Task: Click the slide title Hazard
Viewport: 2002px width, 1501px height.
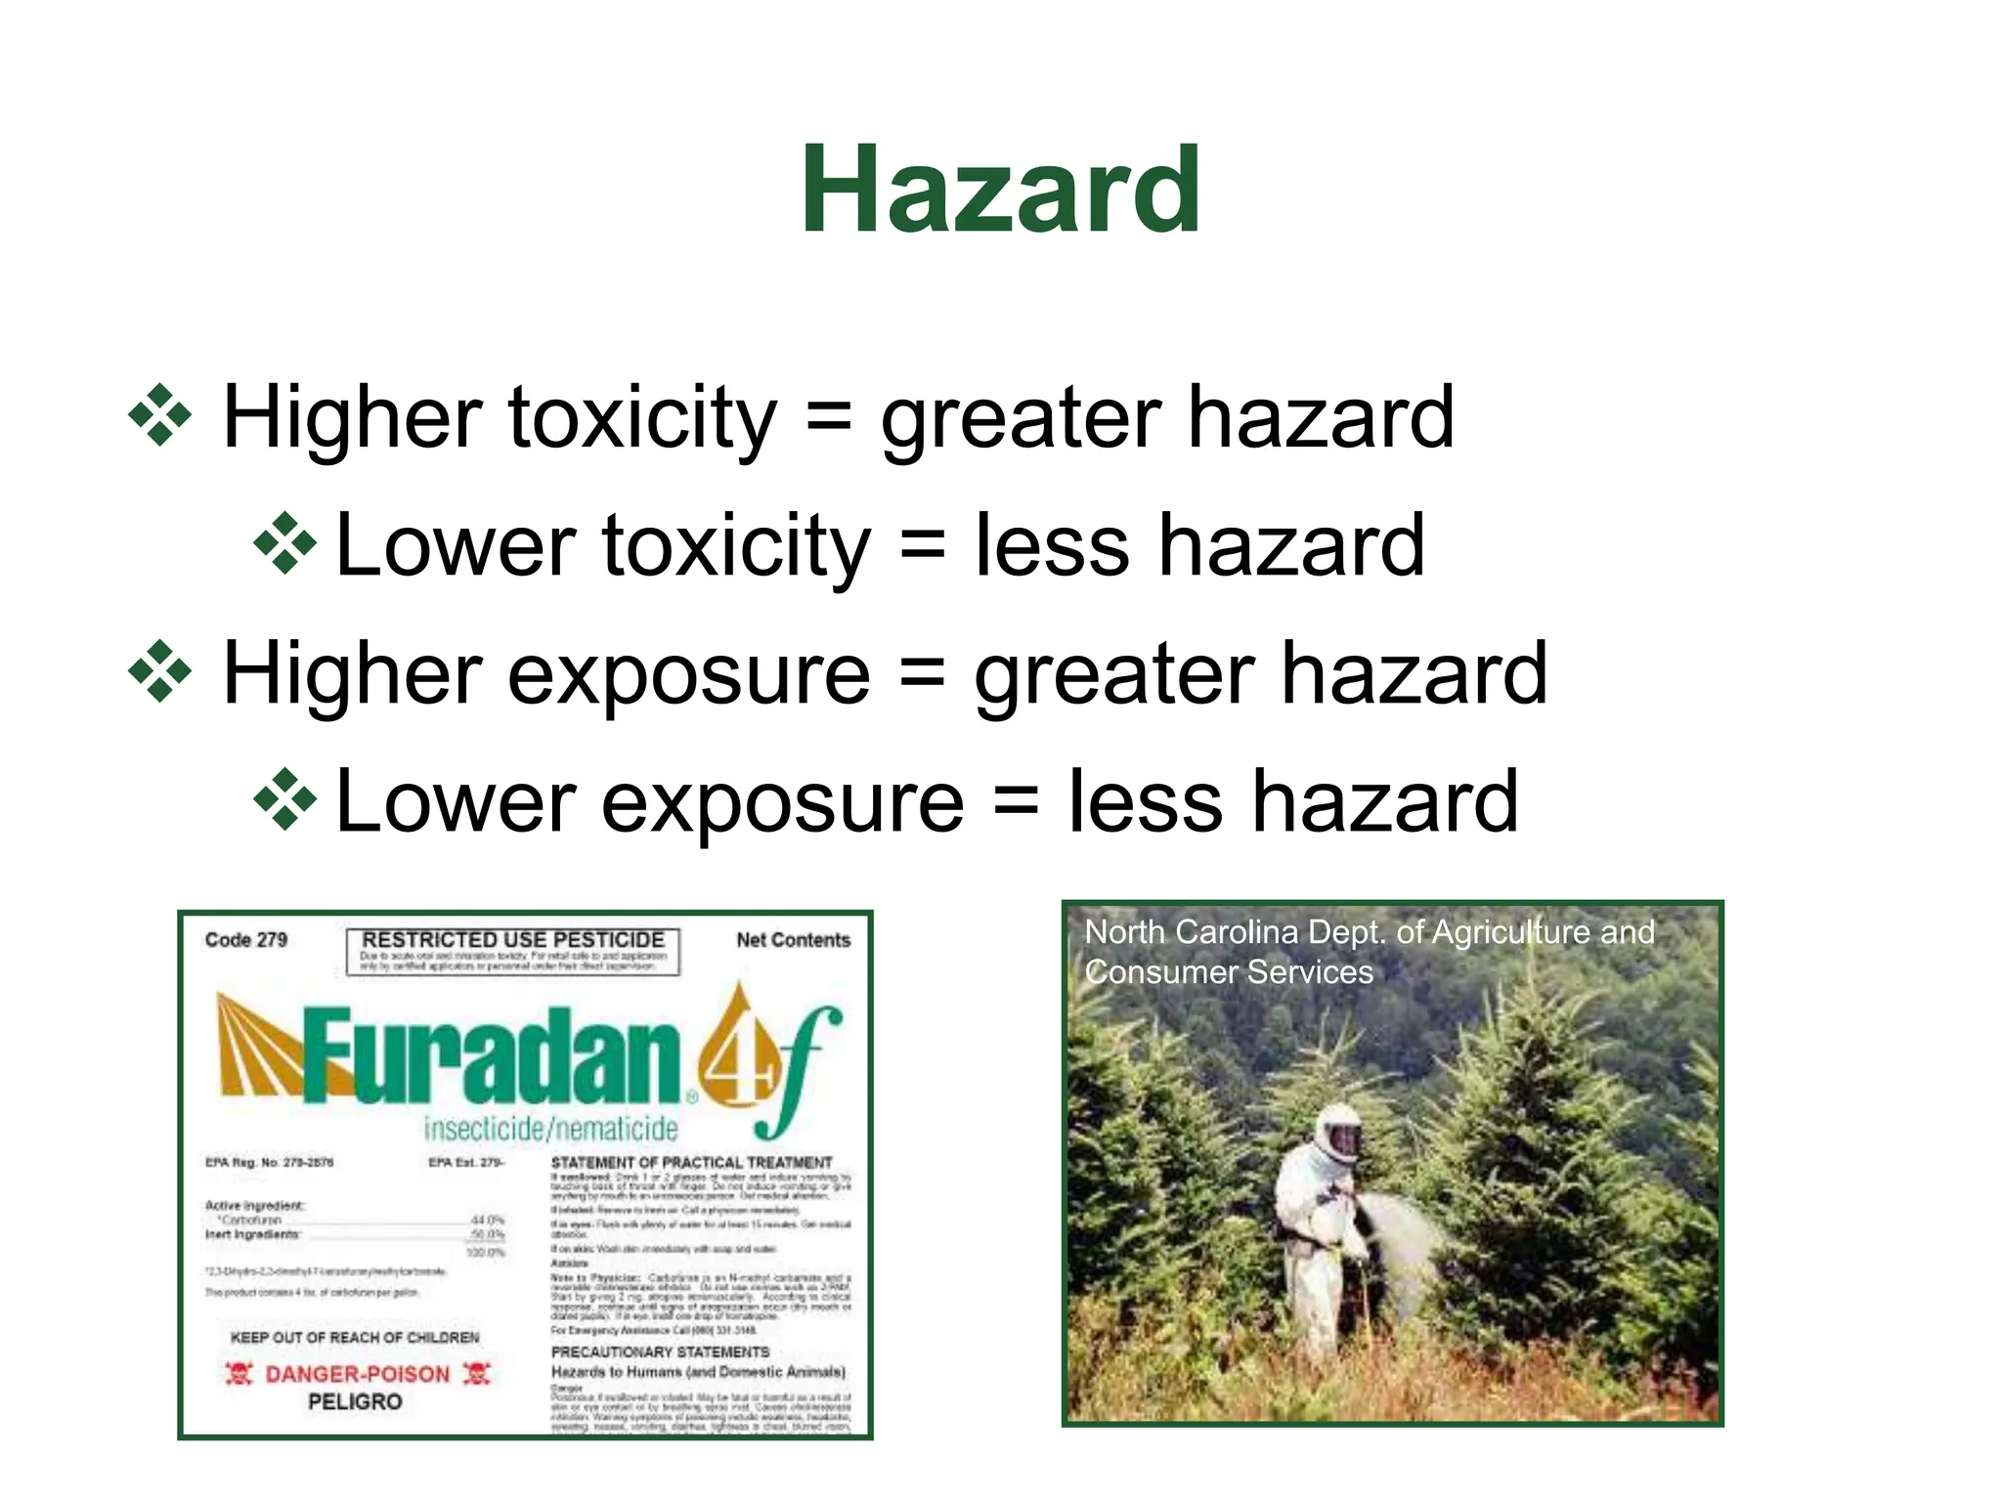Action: (x=1001, y=190)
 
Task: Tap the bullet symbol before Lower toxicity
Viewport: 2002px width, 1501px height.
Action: (x=284, y=543)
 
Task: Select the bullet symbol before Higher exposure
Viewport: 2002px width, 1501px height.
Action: (x=159, y=672)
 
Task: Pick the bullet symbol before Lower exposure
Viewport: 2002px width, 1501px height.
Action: (x=284, y=800)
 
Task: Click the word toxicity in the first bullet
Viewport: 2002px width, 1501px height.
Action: (x=642, y=417)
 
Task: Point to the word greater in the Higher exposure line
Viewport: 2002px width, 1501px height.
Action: (x=1113, y=674)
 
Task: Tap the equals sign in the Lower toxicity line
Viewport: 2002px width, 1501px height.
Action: (x=922, y=545)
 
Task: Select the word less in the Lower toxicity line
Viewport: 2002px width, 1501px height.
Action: (x=1052, y=545)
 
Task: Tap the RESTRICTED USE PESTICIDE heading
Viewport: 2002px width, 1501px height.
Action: (x=513, y=939)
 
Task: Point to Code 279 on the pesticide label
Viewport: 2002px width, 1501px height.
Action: (x=246, y=940)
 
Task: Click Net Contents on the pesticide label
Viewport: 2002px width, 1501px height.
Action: (x=793, y=940)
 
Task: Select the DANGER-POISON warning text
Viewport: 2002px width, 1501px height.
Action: (x=357, y=1374)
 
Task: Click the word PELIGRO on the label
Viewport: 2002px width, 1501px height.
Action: (x=355, y=1402)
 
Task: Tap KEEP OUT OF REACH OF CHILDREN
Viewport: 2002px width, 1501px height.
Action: (x=355, y=1337)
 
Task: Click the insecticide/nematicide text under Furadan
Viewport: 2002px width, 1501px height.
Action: (x=550, y=1130)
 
